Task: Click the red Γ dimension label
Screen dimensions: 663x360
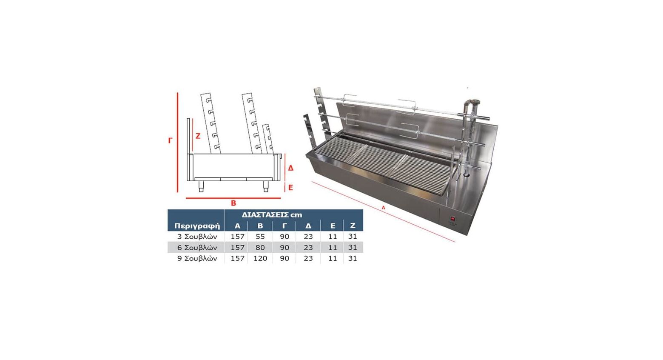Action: click(x=170, y=140)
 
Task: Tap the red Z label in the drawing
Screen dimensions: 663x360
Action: click(x=198, y=136)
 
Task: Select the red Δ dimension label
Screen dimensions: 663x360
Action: click(x=290, y=168)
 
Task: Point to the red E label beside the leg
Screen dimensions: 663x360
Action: click(x=290, y=187)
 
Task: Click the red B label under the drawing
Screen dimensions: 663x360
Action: click(x=233, y=203)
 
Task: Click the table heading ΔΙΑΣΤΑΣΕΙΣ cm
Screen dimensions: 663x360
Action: click(x=272, y=214)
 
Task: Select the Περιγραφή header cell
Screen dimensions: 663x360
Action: click(x=197, y=226)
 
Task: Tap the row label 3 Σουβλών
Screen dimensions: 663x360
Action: click(x=197, y=237)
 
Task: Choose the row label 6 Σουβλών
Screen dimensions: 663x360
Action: click(x=197, y=248)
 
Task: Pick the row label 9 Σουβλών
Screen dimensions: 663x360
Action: click(x=197, y=258)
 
